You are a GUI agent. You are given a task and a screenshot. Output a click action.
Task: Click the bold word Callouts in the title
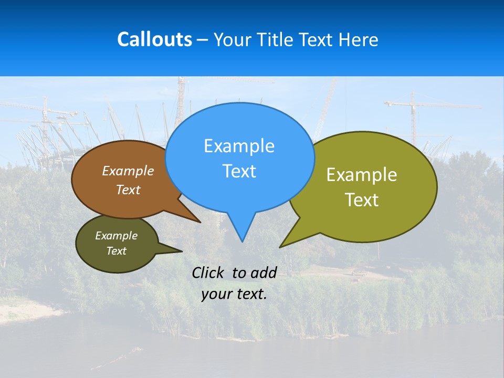[154, 39]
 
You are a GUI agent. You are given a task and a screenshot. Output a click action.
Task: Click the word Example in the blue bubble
[239, 146]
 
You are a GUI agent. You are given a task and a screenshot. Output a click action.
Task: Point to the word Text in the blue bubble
[239, 171]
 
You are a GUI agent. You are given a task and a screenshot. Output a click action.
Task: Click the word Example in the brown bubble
[128, 171]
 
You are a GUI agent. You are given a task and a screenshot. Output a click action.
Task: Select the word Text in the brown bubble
[128, 190]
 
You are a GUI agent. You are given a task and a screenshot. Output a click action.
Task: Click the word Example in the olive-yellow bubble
[362, 175]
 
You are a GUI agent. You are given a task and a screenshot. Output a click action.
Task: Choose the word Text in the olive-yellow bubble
[362, 200]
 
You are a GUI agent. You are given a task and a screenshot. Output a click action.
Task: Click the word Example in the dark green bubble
[116, 236]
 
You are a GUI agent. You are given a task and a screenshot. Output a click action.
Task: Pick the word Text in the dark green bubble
[116, 251]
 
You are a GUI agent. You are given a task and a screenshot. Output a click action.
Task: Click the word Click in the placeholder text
[208, 272]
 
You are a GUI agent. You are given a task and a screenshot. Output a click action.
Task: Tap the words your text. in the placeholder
[234, 294]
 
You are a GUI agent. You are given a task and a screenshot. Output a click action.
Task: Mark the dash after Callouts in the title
[203, 40]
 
